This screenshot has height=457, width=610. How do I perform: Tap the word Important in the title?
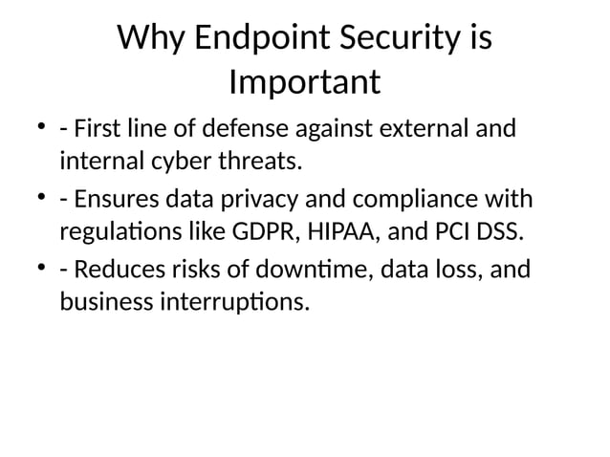click(305, 82)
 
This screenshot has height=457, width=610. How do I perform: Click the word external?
click(425, 128)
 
